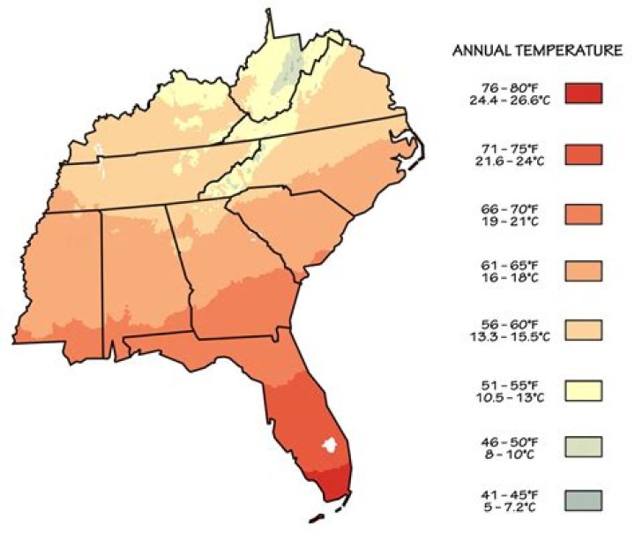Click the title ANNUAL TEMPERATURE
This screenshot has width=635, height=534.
point(537,51)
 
